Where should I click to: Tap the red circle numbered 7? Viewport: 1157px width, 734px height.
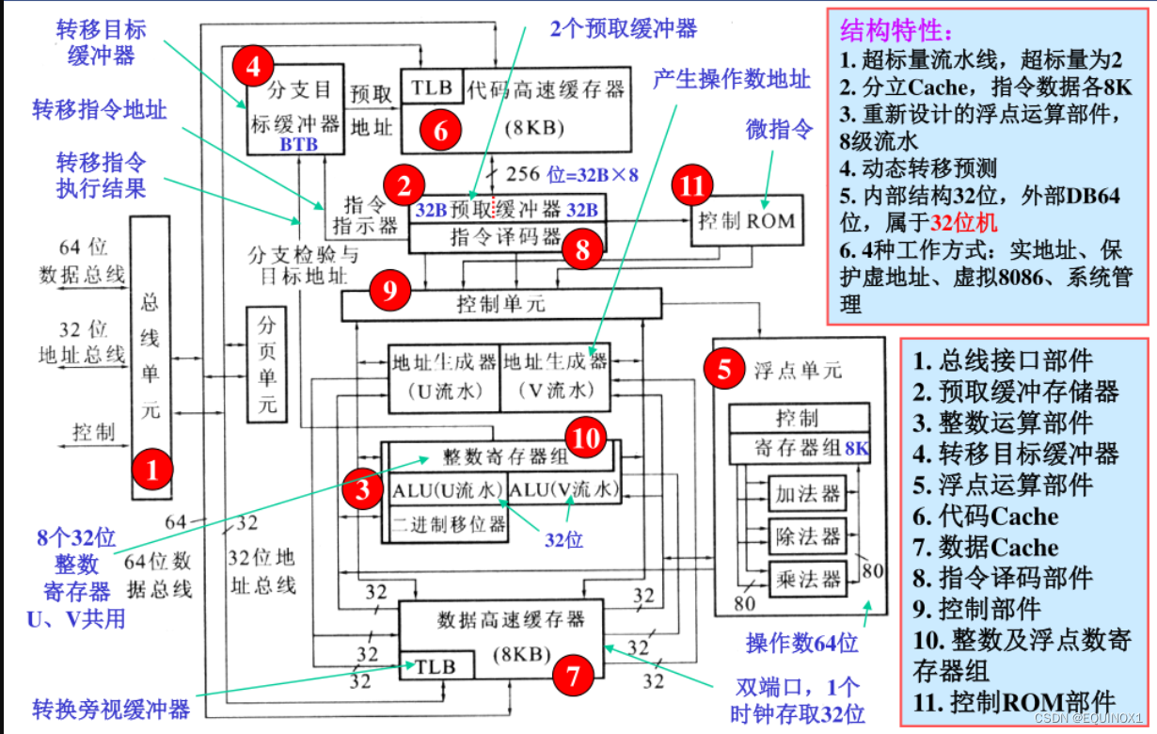click(x=573, y=673)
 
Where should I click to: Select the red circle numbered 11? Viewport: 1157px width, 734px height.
click(x=693, y=187)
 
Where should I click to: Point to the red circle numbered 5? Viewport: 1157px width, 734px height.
click(x=723, y=369)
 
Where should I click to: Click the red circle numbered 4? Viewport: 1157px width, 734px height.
click(x=254, y=66)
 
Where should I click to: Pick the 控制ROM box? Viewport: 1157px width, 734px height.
click(x=746, y=222)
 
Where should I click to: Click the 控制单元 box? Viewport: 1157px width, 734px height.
click(x=501, y=304)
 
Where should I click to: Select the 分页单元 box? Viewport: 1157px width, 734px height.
click(x=267, y=364)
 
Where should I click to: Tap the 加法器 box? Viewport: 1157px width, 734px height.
click(x=806, y=492)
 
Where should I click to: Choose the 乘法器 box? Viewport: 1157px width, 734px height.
click(x=806, y=577)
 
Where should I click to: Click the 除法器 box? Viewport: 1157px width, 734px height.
click(x=806, y=535)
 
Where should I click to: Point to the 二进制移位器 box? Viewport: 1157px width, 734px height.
click(x=449, y=523)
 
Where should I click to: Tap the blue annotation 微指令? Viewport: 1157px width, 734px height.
click(x=779, y=129)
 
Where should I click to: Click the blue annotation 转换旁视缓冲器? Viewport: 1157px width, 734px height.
click(x=112, y=708)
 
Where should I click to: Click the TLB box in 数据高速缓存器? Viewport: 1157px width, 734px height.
click(x=436, y=665)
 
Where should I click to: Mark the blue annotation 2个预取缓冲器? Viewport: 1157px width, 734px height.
click(x=624, y=28)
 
